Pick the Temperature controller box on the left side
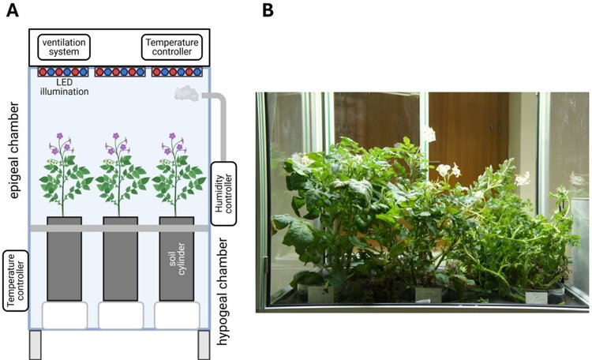click(13, 279)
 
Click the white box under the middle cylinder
click(120, 315)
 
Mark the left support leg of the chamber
click(35, 344)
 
